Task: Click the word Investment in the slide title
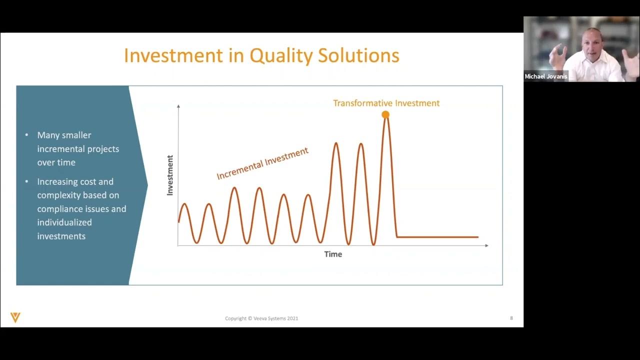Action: [173, 55]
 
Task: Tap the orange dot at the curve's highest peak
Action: [385, 114]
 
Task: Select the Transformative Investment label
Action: [386, 103]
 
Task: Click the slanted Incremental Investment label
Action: [262, 163]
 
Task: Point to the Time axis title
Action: [333, 254]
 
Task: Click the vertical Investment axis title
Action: [170, 175]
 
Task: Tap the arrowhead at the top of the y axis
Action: [178, 106]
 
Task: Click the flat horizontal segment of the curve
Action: [437, 237]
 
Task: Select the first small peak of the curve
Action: [184, 204]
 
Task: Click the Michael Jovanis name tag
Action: [546, 76]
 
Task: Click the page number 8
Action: [511, 318]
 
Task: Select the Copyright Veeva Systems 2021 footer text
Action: [261, 318]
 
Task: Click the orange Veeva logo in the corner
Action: [15, 317]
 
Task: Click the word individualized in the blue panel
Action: [64, 222]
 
